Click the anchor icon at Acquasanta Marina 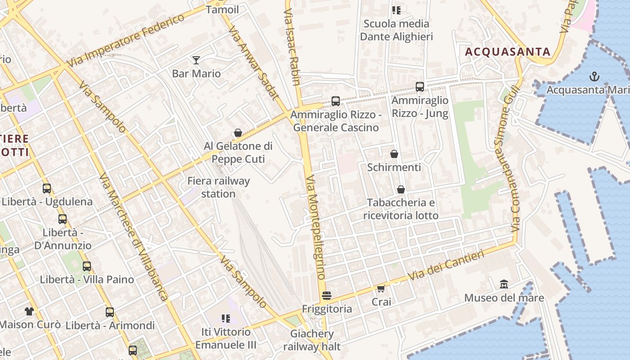(594, 76)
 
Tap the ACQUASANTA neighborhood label (508, 52)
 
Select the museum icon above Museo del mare (504, 284)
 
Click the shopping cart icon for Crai (381, 288)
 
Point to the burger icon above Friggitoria (327, 296)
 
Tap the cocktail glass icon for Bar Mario (196, 60)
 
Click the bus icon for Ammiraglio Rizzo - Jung (420, 86)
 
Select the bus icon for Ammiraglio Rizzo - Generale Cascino (336, 101)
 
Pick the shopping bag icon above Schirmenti (394, 154)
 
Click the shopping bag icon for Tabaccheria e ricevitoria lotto (400, 189)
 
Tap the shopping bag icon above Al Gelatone (238, 133)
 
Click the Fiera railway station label (218, 187)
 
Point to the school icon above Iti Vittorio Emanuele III (226, 319)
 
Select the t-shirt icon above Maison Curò (29, 311)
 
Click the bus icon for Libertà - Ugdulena (47, 189)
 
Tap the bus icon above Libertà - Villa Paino (87, 266)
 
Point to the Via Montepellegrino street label (315, 227)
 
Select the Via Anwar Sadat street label (253, 62)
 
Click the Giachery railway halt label (312, 340)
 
